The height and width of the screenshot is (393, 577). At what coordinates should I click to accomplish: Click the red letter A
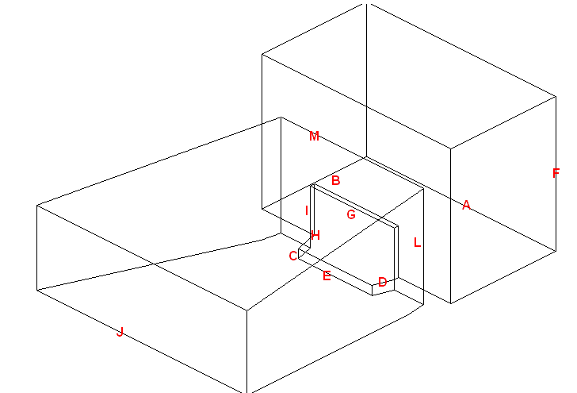click(x=466, y=205)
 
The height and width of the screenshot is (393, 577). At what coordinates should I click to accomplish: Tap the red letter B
click(x=335, y=180)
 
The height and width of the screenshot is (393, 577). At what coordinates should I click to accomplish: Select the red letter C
click(x=292, y=255)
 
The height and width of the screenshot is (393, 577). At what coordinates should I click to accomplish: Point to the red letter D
click(x=382, y=282)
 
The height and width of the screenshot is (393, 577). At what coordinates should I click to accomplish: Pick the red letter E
click(x=327, y=275)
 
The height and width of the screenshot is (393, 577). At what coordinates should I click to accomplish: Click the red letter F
click(x=556, y=173)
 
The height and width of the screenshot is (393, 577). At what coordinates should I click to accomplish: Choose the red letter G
click(x=351, y=214)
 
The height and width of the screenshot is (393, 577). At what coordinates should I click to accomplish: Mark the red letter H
click(x=315, y=235)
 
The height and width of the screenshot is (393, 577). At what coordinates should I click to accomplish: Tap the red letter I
click(x=306, y=210)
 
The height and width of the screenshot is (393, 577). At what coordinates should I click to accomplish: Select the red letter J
click(x=120, y=331)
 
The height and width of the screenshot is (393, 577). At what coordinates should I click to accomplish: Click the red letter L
click(x=417, y=242)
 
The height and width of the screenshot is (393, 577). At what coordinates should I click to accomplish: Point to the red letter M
click(x=314, y=136)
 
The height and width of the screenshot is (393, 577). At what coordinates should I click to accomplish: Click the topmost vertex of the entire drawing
click(x=366, y=3)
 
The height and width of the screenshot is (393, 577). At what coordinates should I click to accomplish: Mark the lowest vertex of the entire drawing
click(x=247, y=392)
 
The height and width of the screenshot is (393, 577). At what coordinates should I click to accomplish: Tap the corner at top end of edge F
click(x=556, y=98)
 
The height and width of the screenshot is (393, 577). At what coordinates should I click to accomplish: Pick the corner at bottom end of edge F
click(x=556, y=252)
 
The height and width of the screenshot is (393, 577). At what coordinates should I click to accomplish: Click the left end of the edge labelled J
click(x=36, y=289)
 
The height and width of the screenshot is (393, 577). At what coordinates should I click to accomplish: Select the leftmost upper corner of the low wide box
click(x=36, y=206)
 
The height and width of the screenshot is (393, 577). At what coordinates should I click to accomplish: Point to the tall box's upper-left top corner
click(x=262, y=54)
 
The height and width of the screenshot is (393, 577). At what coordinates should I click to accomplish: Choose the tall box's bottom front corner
click(x=451, y=303)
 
